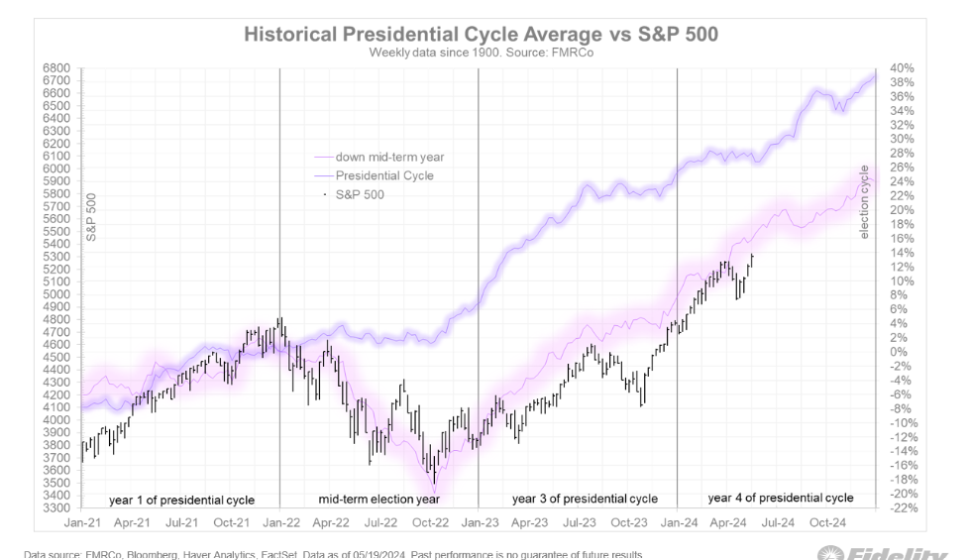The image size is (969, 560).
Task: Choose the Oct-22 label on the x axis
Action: (430, 520)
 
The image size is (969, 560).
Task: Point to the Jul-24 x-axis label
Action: (777, 520)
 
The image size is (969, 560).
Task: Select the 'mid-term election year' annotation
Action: (378, 498)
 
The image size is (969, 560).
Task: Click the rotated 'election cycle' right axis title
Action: (864, 203)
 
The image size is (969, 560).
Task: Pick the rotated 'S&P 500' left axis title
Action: (90, 218)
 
